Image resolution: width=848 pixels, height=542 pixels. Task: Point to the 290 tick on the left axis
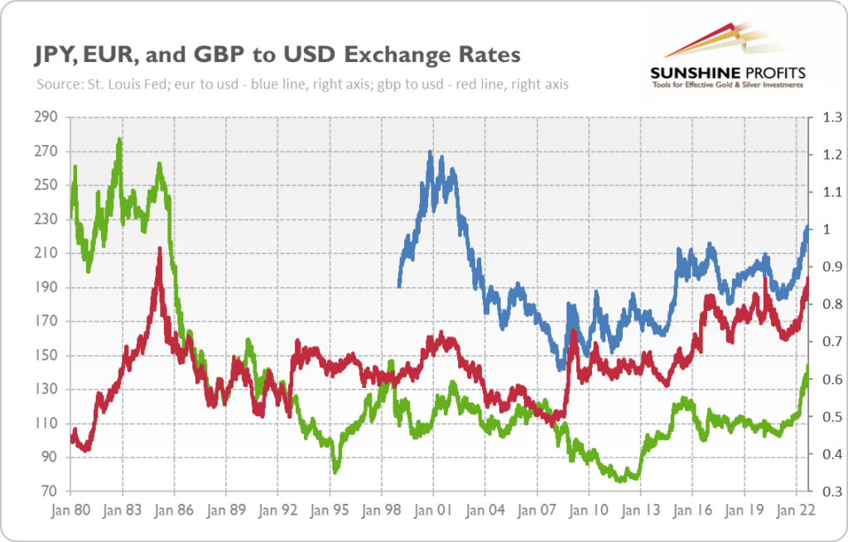(46, 118)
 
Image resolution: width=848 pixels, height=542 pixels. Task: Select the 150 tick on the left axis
(46, 356)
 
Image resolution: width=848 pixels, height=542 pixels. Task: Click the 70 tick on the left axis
(50, 492)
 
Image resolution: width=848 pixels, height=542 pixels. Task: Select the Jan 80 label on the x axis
(70, 511)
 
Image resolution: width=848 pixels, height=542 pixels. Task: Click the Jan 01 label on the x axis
(433, 511)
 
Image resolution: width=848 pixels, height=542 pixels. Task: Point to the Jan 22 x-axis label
(796, 511)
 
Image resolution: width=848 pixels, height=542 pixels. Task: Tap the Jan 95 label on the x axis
(330, 511)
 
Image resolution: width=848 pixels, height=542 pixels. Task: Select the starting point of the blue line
(399, 285)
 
